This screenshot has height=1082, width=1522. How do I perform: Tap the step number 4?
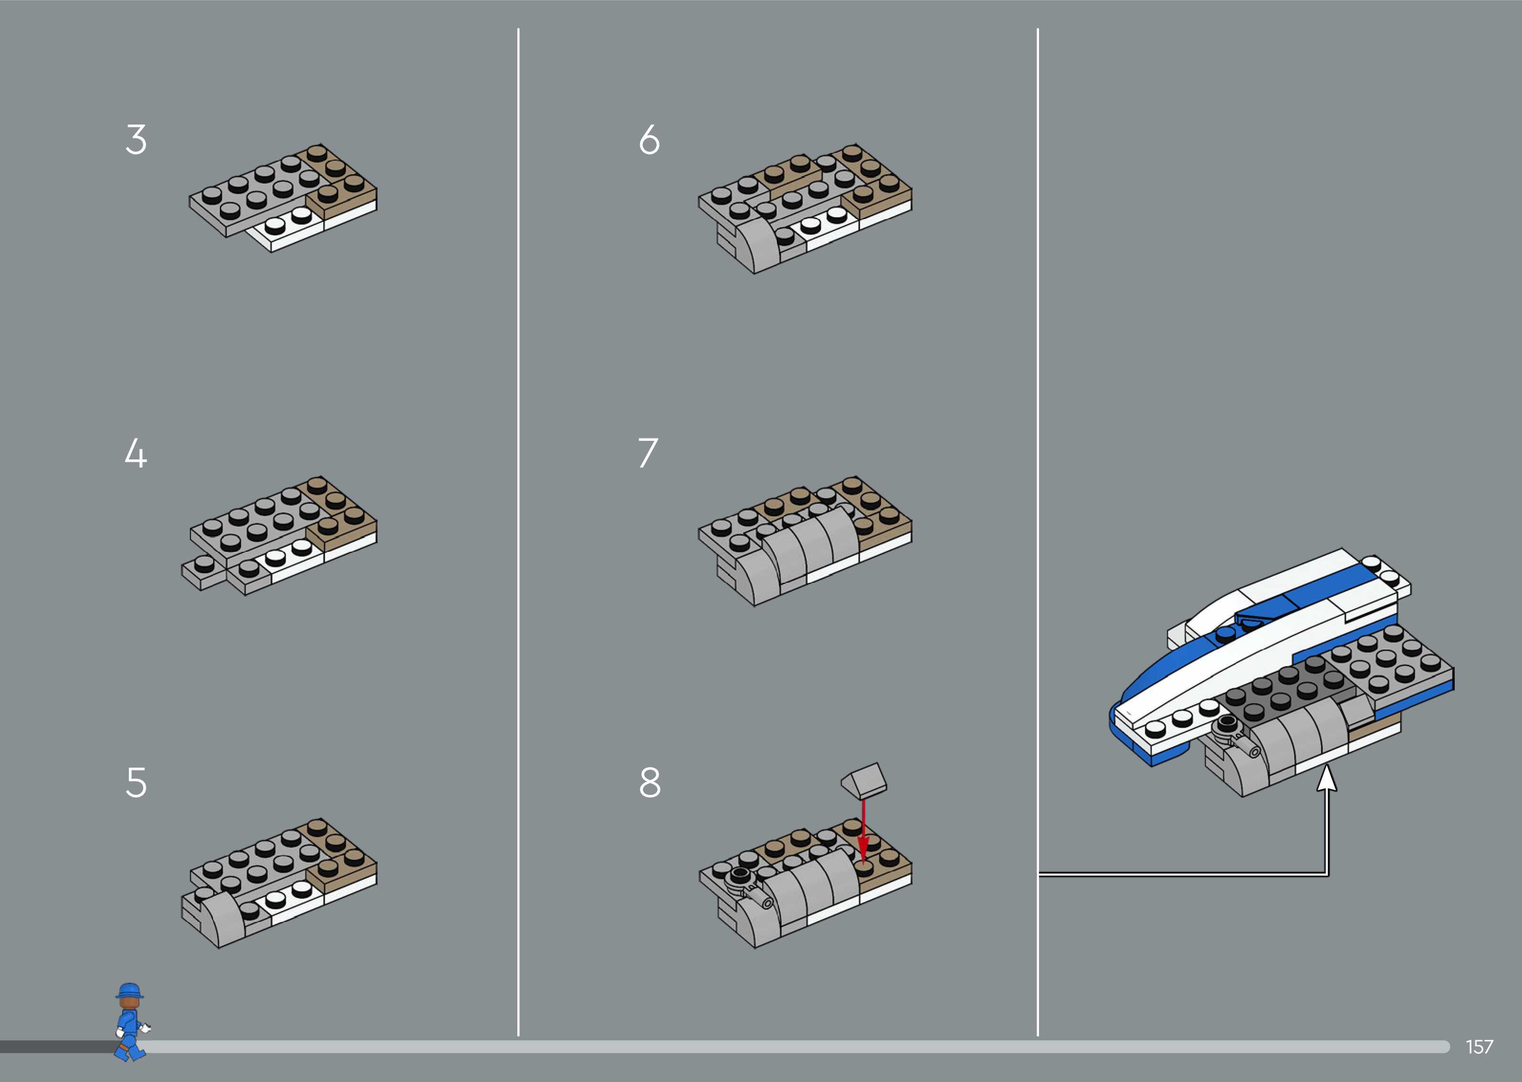click(x=136, y=454)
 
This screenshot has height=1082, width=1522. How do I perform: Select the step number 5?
click(x=136, y=782)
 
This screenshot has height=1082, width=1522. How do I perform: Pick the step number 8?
click(x=650, y=782)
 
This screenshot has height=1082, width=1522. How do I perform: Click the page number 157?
click(x=1480, y=1047)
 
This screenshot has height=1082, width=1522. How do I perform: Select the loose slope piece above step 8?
click(x=864, y=780)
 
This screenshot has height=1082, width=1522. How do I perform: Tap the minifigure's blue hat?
click(x=129, y=990)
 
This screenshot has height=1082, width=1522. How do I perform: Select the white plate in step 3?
click(x=293, y=230)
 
